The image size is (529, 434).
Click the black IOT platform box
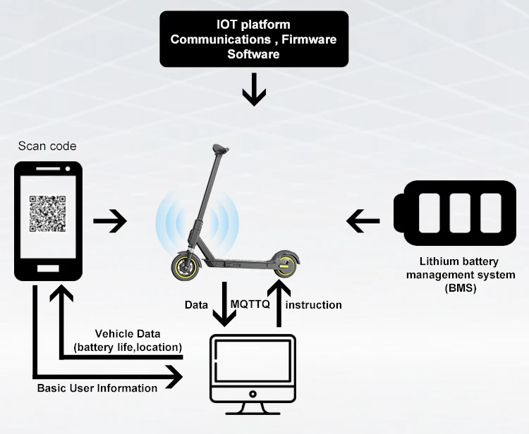pos(253,38)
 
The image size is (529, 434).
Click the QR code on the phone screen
pos(47,213)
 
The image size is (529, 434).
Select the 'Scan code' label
pos(47,147)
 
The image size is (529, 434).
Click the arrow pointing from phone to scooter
pos(110,222)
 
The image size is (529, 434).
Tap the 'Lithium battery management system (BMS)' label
pos(461,274)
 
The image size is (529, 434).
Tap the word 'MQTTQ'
pos(248,304)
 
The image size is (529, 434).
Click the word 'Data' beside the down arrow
pos(196,305)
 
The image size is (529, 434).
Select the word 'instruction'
pos(314,305)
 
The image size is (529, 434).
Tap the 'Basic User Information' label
pos(97,388)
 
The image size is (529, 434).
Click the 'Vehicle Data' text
pos(128,333)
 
